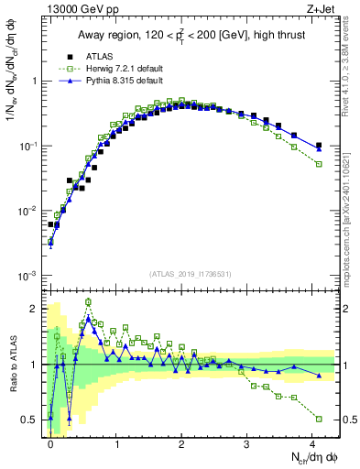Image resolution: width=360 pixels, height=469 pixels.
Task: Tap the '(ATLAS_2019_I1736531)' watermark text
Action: point(189,274)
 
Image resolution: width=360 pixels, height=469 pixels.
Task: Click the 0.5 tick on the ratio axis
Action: point(35,420)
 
